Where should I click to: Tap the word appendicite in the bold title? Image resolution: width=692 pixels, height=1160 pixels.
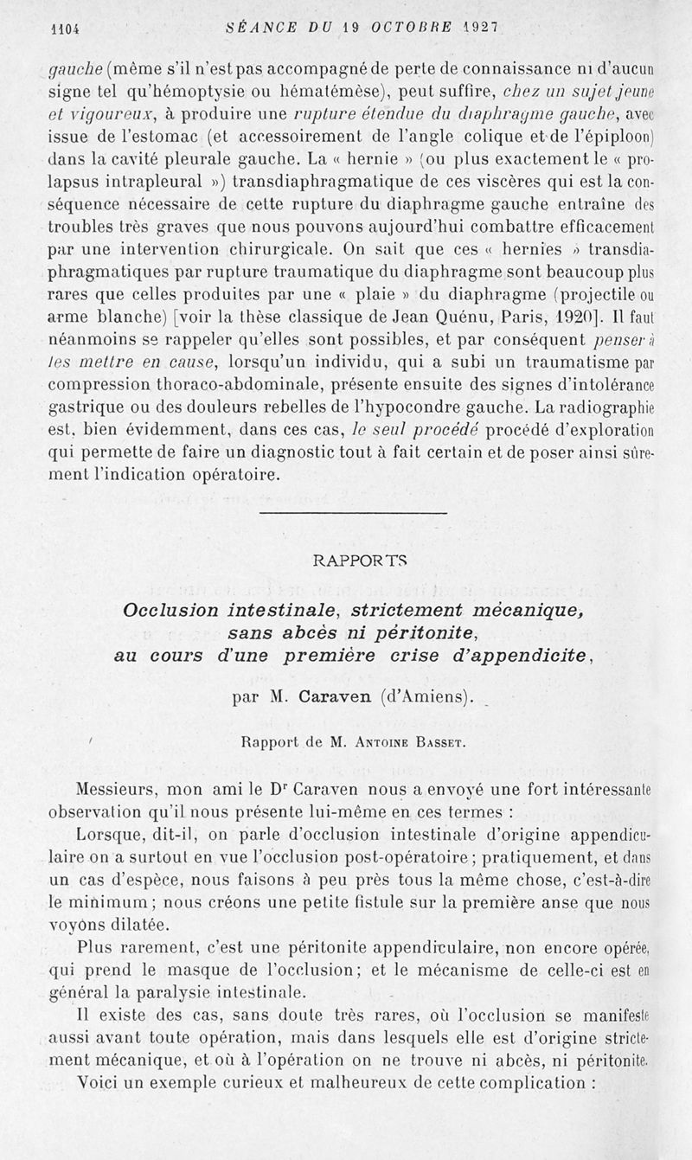coord(529,655)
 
